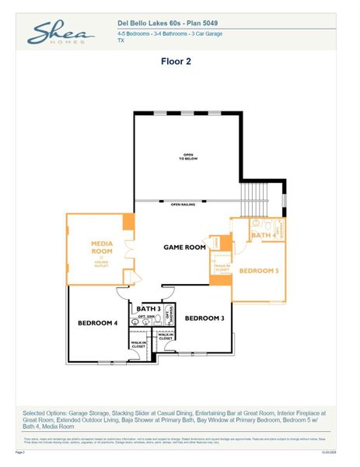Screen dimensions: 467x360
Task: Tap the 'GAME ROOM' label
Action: pyautogui.click(x=184, y=247)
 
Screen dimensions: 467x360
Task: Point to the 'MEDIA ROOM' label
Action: pyautogui.click(x=102, y=248)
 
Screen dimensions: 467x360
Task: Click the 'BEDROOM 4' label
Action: pyautogui.click(x=97, y=322)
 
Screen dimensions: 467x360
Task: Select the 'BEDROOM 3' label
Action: pyautogui.click(x=204, y=318)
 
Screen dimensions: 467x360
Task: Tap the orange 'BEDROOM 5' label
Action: pyautogui.click(x=258, y=271)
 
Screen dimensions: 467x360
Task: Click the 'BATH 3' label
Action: pyautogui.click(x=149, y=309)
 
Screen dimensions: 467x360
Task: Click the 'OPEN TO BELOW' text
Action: pyautogui.click(x=187, y=156)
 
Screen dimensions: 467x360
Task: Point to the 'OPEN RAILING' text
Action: pyautogui.click(x=183, y=205)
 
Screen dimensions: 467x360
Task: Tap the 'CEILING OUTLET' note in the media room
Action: pyautogui.click(x=102, y=264)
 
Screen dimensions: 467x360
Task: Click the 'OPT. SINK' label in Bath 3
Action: pyautogui.click(x=147, y=317)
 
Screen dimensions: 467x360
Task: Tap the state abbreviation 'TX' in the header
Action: pyautogui.click(x=121, y=40)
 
